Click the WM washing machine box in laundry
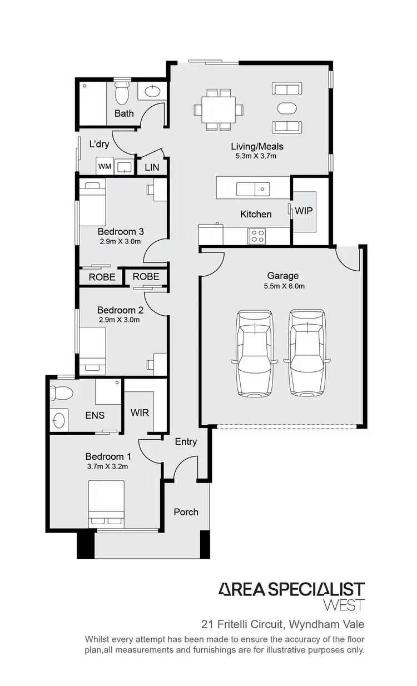[x=105, y=166]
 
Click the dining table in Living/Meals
[x=218, y=110]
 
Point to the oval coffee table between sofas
[x=287, y=108]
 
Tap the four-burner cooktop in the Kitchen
[x=258, y=236]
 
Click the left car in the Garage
[x=255, y=352]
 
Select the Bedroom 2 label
[x=120, y=310]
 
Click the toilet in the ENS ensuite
[x=61, y=394]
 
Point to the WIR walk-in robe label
[x=140, y=413]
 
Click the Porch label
[x=186, y=511]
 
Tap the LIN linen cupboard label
[x=151, y=167]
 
